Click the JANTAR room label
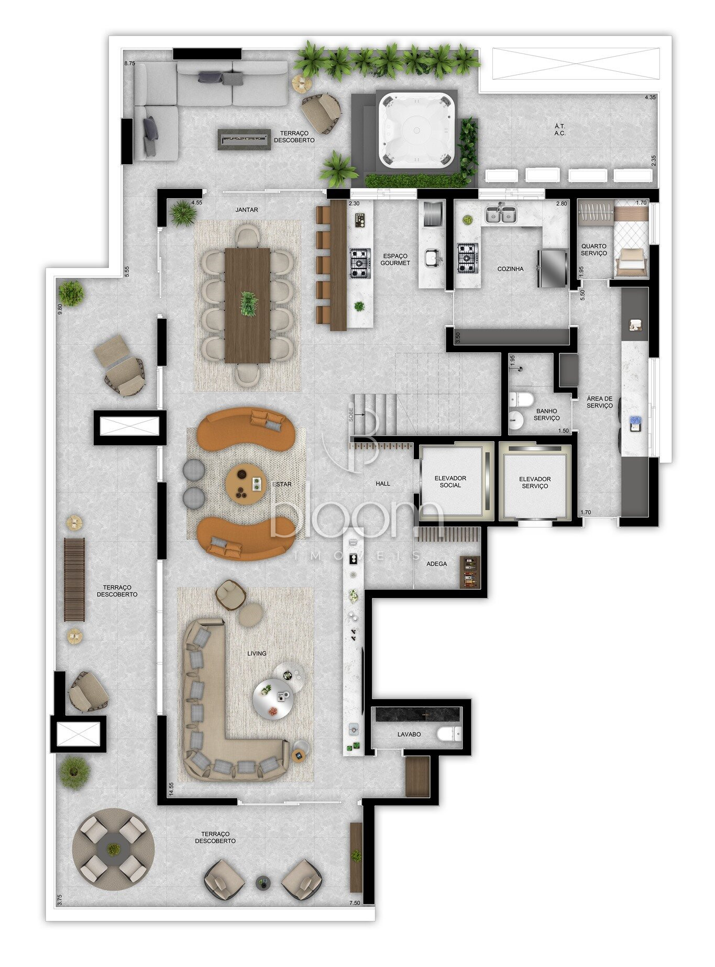pyautogui.click(x=247, y=210)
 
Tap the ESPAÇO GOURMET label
pyautogui.click(x=395, y=259)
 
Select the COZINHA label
pyautogui.click(x=510, y=269)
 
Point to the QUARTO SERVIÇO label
pyautogui.click(x=594, y=249)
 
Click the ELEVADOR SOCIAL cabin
pyautogui.click(x=455, y=482)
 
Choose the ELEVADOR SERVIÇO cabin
pyautogui.click(x=534, y=482)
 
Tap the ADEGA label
pyautogui.click(x=437, y=564)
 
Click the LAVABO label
pyautogui.click(x=409, y=734)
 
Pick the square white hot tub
pyautogui.click(x=417, y=130)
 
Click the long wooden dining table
pyautogui.click(x=248, y=305)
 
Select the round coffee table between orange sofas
pyautogui.click(x=246, y=483)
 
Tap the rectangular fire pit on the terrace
pyautogui.click(x=245, y=139)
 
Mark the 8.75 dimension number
pyautogui.click(x=129, y=63)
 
